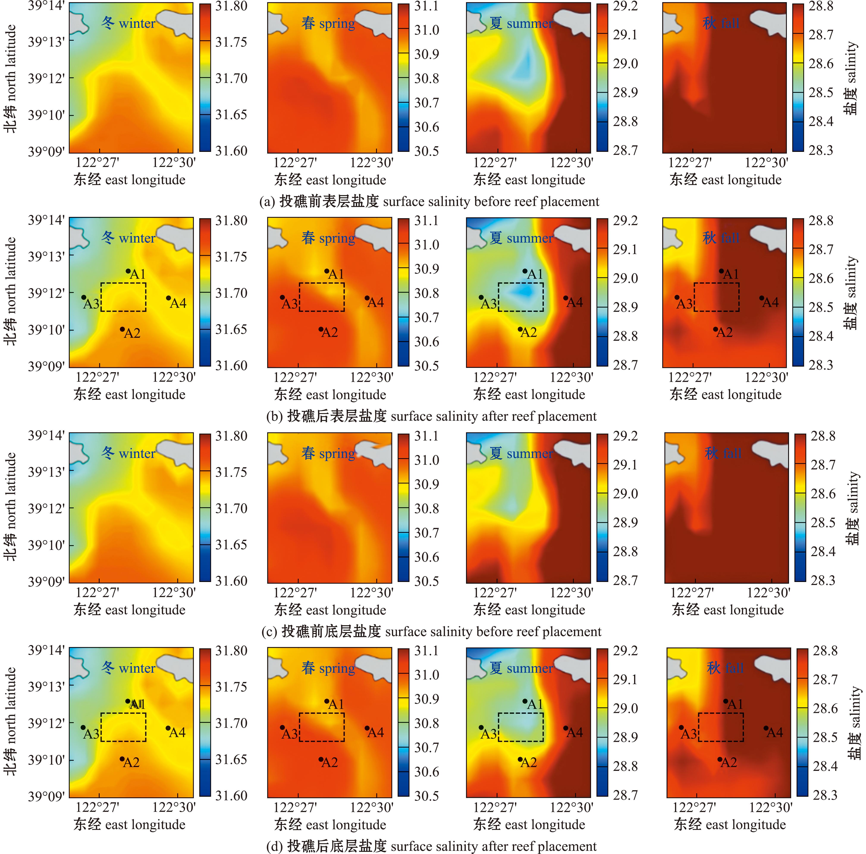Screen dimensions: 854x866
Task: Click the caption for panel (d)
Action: click(431, 846)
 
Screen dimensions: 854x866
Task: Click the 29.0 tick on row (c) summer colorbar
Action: click(625, 493)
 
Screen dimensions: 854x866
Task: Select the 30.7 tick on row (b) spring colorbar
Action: click(426, 317)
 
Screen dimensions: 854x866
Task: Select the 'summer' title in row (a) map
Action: click(521, 23)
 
